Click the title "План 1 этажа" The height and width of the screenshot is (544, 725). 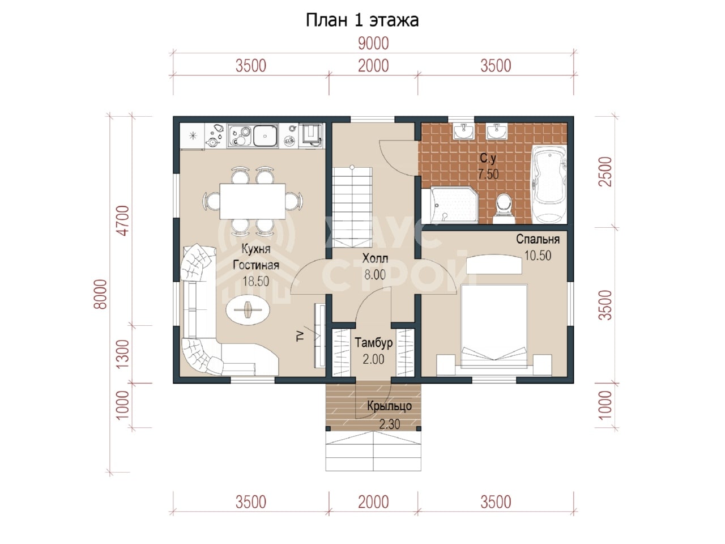362,20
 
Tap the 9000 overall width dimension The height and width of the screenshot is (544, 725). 373,44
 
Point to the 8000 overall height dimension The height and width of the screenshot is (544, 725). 101,294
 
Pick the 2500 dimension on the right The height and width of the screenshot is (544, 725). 605,172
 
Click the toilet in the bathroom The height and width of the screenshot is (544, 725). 504,209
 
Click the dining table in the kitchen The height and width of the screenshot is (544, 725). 253,201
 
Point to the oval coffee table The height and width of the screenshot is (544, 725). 248,310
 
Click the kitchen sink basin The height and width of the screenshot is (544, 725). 265,135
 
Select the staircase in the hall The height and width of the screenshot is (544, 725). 352,207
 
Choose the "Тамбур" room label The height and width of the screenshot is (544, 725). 374,343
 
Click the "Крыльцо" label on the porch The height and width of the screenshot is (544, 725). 390,406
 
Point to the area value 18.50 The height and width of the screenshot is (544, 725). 255,282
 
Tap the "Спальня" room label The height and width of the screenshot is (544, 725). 538,239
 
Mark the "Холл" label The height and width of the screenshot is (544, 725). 375,258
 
